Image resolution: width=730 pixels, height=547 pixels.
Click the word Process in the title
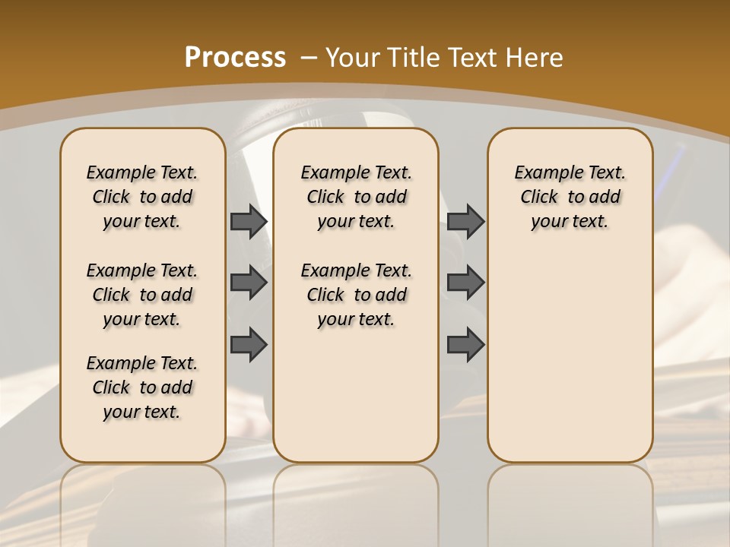click(x=235, y=57)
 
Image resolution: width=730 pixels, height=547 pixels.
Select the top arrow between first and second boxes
click(x=249, y=221)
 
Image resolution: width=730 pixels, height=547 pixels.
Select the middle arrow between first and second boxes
click(x=249, y=283)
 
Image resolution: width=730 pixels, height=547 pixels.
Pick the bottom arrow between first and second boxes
click(x=249, y=344)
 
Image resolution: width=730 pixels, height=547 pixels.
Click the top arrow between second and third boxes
click(x=465, y=221)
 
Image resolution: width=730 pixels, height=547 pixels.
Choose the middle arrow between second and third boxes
click(x=465, y=283)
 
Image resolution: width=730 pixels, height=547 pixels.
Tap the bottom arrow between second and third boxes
click(x=465, y=344)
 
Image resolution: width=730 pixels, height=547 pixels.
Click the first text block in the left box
click(x=142, y=197)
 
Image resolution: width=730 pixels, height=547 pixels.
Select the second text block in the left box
click(x=142, y=295)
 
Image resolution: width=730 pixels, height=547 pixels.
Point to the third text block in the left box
click(x=142, y=387)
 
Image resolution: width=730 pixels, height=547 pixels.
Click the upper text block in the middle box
click(x=356, y=197)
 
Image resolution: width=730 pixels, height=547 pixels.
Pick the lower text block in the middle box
click(x=356, y=295)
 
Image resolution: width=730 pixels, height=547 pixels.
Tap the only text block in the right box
click(x=570, y=197)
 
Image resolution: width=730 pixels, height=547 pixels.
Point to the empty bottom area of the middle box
click(x=356, y=403)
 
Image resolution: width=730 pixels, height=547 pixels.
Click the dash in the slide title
click(x=308, y=58)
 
